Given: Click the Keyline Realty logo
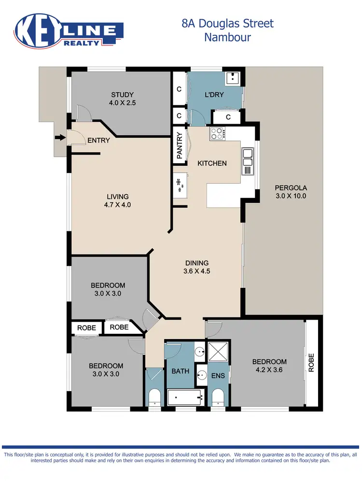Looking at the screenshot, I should tap(70, 32).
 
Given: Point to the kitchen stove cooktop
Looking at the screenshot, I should tap(217, 133).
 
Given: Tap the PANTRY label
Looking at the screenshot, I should tap(180, 146).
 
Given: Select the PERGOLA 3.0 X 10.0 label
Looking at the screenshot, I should tap(291, 192).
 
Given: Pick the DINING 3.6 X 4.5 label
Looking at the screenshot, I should tap(196, 267).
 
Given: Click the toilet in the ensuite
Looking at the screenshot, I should tap(219, 398).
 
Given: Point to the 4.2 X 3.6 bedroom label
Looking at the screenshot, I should tap(269, 366).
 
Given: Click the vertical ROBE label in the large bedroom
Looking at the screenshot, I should tap(311, 362).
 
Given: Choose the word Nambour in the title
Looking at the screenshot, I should tap(228, 37).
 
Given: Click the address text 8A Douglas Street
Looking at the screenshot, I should tap(228, 23).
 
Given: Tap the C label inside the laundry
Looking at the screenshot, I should tap(228, 117).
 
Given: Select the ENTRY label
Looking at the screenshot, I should tap(98, 141).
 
